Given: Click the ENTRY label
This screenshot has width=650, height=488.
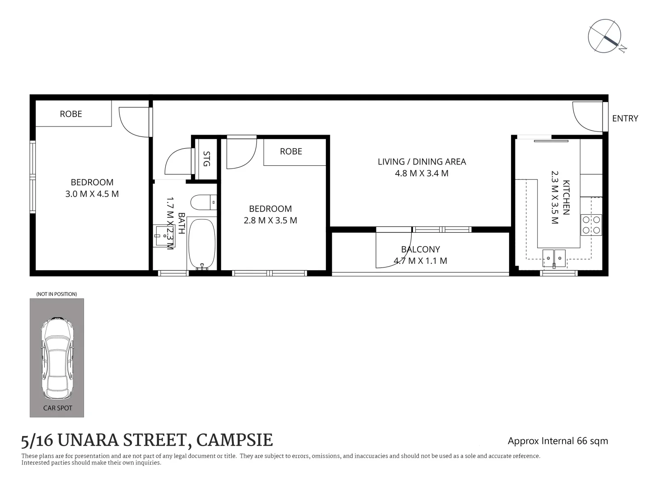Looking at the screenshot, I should point(625,118).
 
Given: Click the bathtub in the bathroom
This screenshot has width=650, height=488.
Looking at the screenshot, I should point(201,244).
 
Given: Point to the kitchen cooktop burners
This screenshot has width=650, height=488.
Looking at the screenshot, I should point(591,225).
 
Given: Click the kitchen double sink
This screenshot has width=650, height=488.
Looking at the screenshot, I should point(554,258).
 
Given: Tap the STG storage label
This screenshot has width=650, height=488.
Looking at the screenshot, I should point(206,159).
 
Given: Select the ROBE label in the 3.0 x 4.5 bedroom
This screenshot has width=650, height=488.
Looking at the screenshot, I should point(71,114).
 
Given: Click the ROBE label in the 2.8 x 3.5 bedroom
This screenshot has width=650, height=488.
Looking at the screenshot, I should point(291,151).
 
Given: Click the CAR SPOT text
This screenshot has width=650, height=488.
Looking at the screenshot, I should point(57,408).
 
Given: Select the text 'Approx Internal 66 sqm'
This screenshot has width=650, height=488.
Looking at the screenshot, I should point(557,441).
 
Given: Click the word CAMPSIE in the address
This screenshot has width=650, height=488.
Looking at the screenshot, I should point(235,440).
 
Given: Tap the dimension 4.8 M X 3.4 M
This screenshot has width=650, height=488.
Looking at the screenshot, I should point(422,174).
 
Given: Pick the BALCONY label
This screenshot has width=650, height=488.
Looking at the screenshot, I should point(420,249).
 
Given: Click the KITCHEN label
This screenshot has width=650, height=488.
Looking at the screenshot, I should point(566,197).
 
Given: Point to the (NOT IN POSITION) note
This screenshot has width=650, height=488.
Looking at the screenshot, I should point(56,294).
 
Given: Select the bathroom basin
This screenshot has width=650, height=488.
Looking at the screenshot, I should point(163,235).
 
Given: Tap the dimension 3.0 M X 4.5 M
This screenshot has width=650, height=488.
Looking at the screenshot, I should point(92,194).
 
